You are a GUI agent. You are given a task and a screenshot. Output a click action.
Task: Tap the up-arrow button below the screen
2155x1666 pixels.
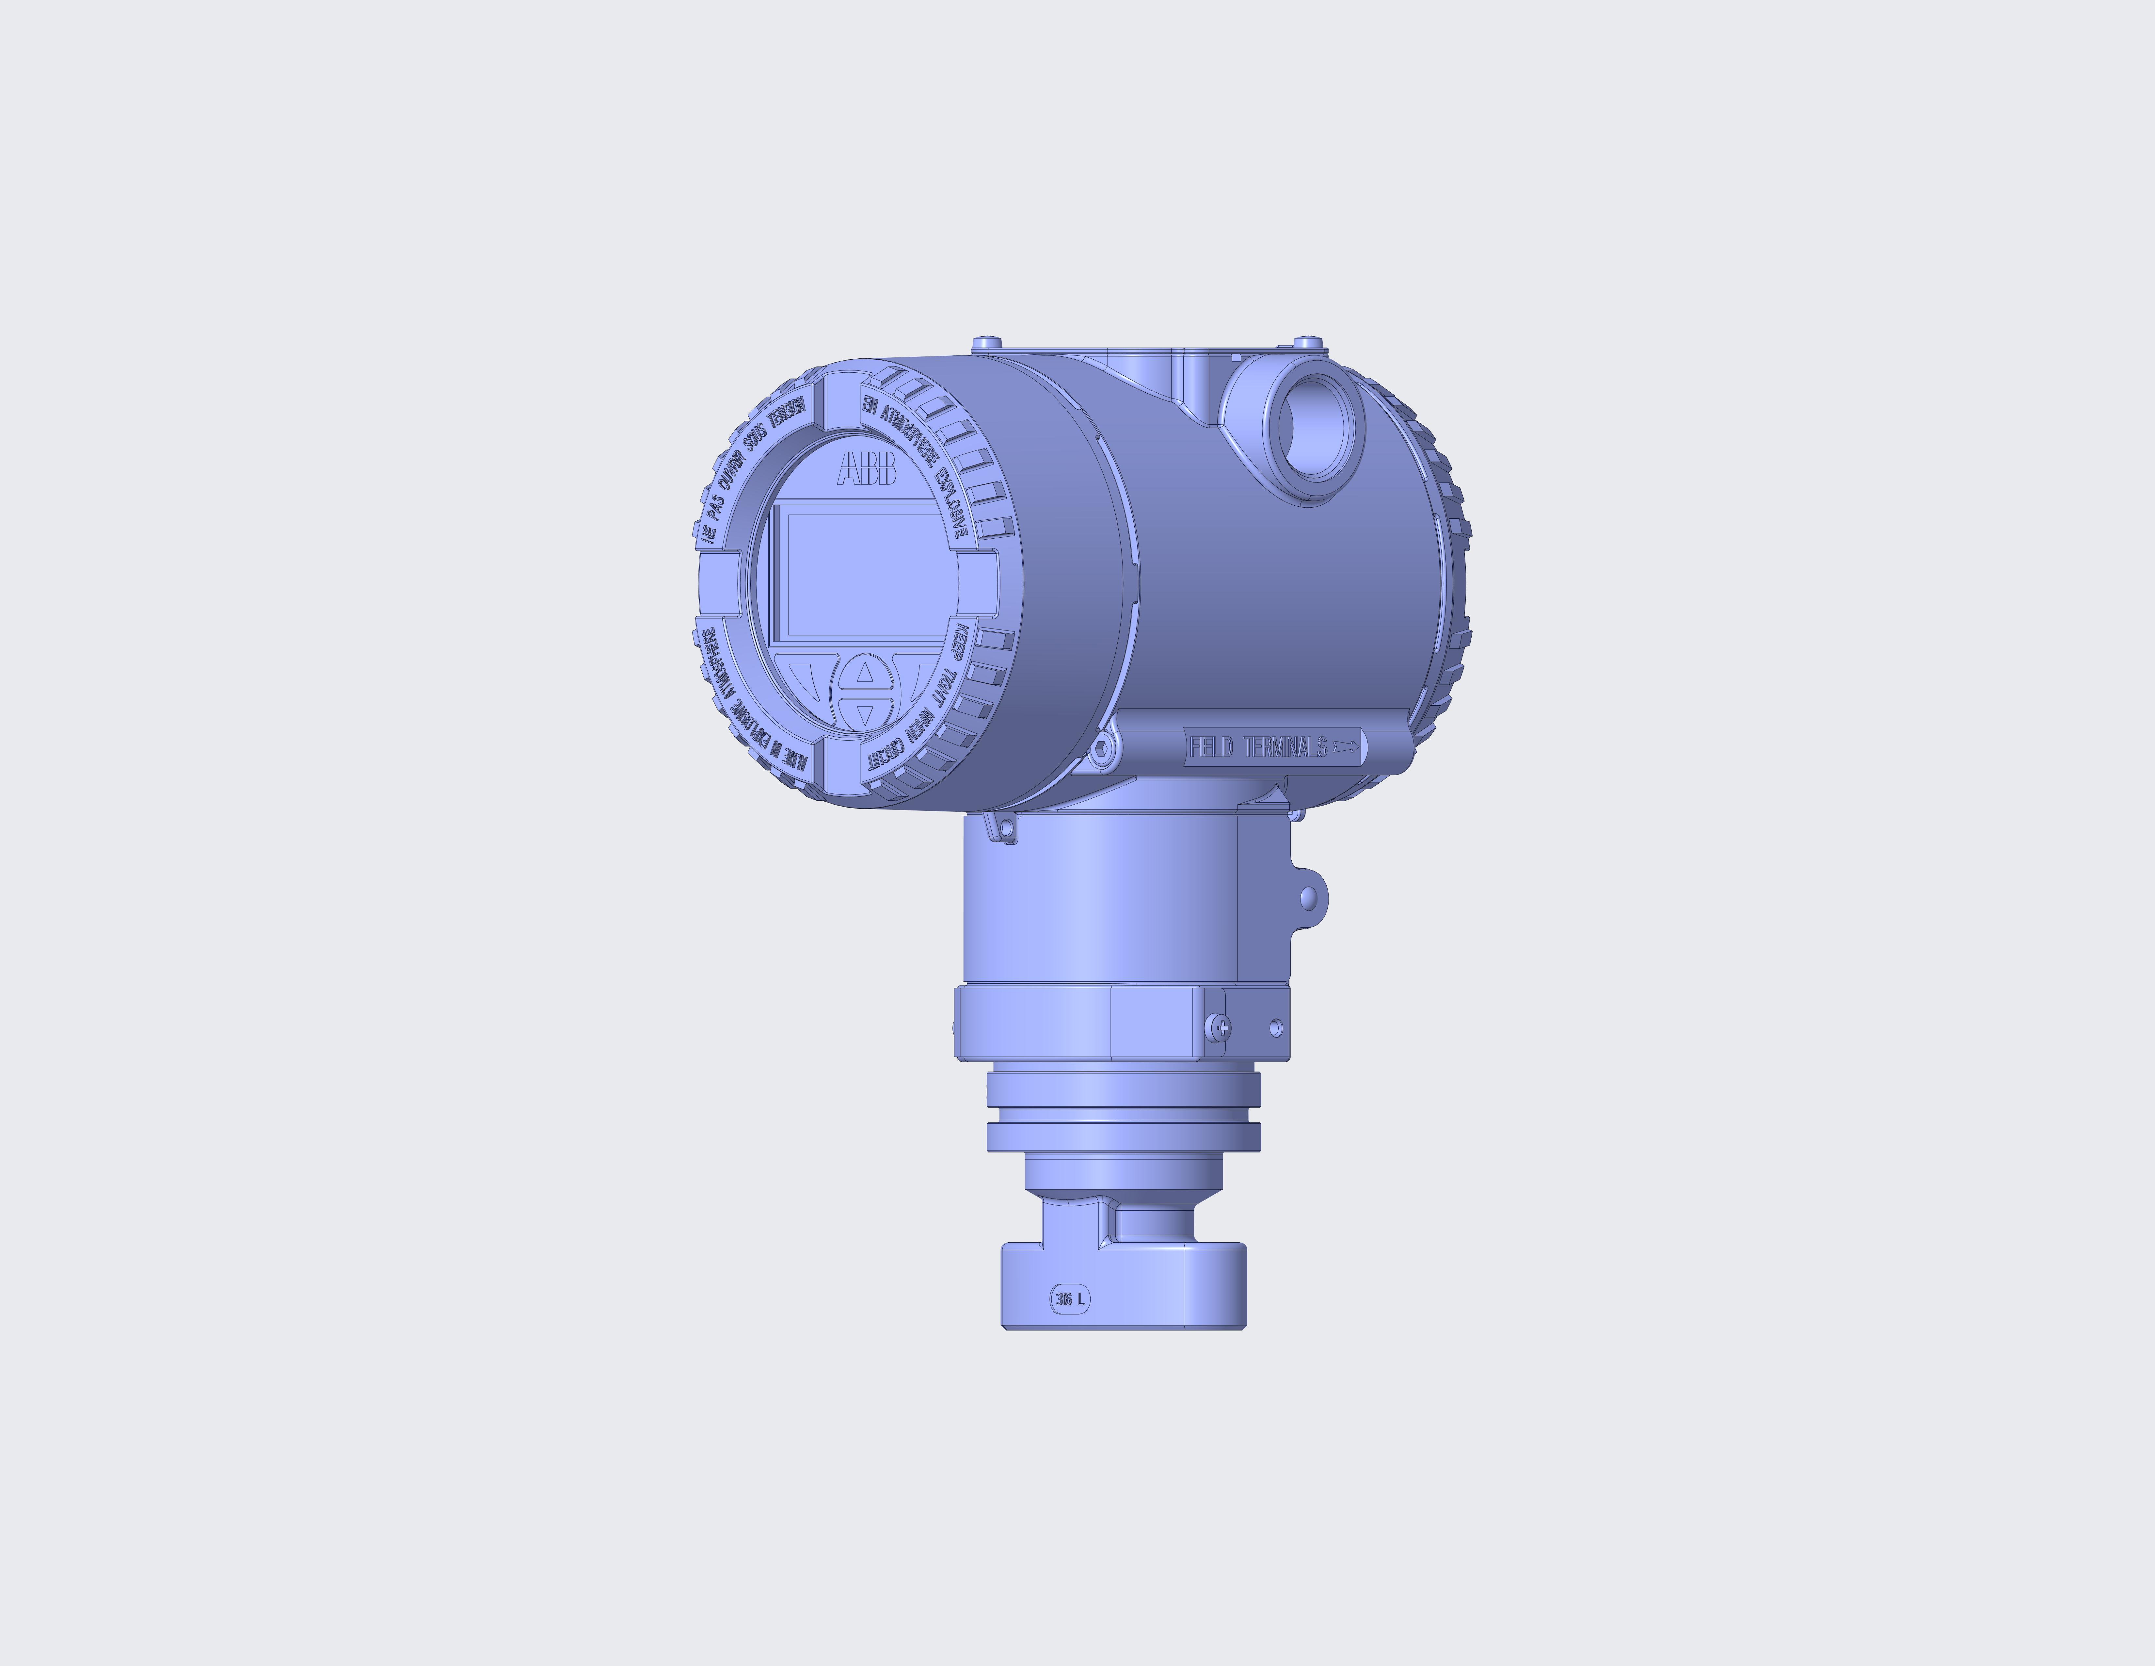tap(865, 673)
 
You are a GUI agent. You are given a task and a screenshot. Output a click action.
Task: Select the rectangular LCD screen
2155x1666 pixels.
tap(858, 572)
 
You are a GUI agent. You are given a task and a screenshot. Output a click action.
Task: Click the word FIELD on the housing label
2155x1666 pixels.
tap(1211, 747)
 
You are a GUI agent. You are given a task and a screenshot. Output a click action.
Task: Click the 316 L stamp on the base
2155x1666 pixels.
tap(1070, 1299)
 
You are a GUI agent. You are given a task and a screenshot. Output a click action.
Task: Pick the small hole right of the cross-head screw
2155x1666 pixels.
tap(1275, 1028)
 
